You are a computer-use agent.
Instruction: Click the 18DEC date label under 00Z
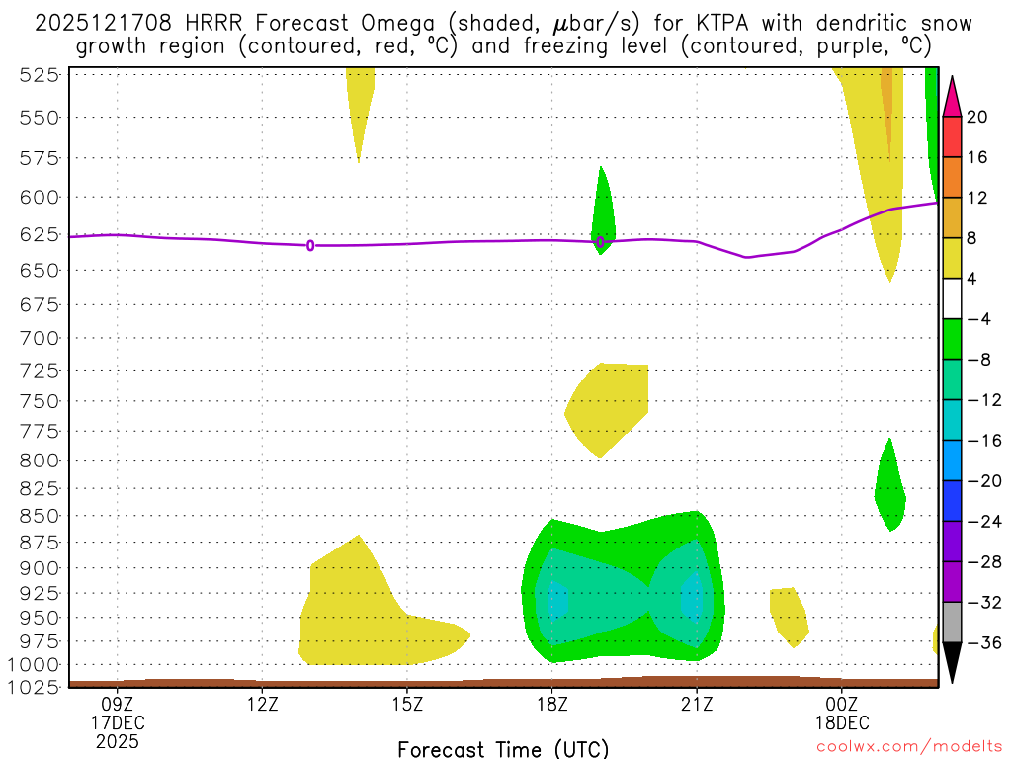(x=842, y=722)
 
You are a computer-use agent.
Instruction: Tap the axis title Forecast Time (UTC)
(x=504, y=748)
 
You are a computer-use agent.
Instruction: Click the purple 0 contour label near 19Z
(x=600, y=241)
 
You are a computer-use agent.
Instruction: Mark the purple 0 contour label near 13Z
(x=310, y=245)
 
